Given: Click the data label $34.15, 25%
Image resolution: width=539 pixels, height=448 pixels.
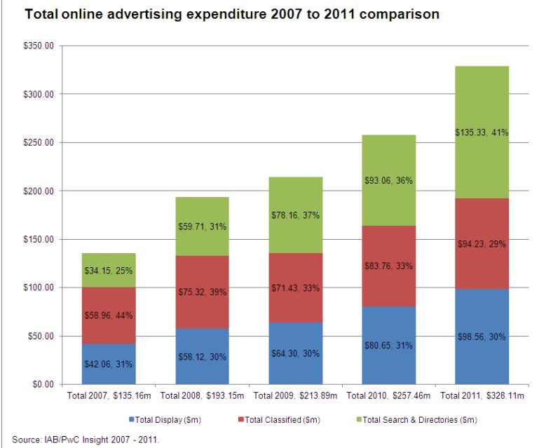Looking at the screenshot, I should pyautogui.click(x=109, y=270).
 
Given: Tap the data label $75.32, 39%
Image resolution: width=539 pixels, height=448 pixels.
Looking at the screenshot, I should pyautogui.click(x=202, y=292).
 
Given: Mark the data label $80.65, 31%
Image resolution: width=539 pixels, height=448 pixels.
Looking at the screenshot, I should pyautogui.click(x=388, y=344).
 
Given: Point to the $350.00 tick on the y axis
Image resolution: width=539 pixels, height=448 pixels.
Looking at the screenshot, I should pyautogui.click(x=41, y=46).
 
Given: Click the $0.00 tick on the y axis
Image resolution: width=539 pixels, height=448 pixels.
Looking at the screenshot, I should pyautogui.click(x=46, y=384).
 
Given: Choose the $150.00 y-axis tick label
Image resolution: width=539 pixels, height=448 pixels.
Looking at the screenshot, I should pyautogui.click(x=41, y=239).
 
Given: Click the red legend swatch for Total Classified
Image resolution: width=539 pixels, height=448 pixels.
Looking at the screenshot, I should pyautogui.click(x=243, y=420).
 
